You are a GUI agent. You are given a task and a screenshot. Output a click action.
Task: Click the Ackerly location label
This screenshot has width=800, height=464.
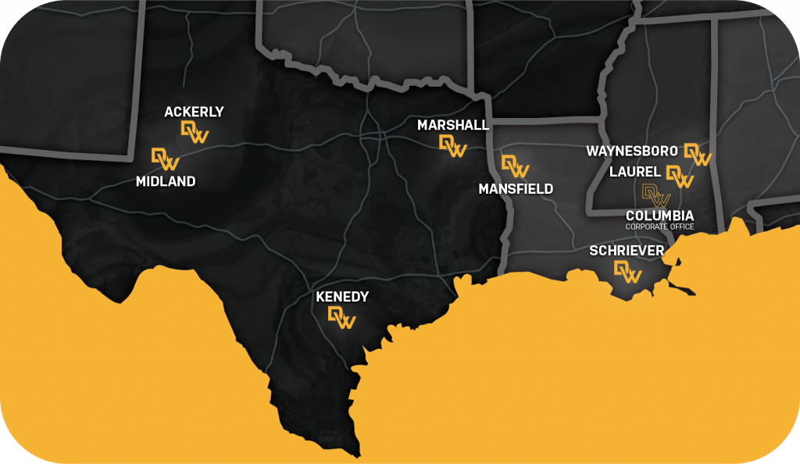(194, 112)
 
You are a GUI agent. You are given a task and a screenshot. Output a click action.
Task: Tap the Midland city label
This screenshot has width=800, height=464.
(165, 181)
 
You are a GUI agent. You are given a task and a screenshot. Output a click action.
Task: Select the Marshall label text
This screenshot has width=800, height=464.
(453, 125)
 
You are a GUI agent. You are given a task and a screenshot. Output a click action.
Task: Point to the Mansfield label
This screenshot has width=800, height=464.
(516, 188)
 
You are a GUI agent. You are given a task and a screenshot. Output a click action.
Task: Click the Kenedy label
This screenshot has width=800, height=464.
(341, 297)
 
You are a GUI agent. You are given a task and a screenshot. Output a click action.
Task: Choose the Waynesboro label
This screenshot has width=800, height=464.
(631, 150)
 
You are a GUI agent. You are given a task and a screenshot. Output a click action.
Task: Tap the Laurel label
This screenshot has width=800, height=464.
(636, 171)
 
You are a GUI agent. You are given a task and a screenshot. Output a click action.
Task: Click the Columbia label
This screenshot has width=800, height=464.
(659, 215)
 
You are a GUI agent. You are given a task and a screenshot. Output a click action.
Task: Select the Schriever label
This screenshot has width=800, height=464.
(627, 250)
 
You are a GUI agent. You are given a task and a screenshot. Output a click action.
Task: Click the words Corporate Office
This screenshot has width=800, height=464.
(659, 227)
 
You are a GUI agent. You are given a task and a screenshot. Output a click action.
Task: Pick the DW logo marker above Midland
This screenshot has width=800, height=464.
(165, 159)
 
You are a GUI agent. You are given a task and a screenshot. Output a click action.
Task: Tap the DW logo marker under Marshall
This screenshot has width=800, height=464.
(453, 145)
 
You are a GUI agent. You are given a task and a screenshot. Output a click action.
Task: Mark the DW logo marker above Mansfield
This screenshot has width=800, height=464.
(515, 166)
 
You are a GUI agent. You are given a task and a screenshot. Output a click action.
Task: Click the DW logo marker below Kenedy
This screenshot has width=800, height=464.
(341, 317)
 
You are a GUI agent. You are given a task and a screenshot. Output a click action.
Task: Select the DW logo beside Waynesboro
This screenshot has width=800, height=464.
(698, 154)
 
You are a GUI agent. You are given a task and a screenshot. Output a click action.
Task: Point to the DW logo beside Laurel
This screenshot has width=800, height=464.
(680, 177)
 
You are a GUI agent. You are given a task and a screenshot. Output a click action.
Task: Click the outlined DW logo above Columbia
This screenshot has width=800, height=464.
(655, 195)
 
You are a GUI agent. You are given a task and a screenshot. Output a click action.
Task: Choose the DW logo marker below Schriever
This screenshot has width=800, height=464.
(627, 271)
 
